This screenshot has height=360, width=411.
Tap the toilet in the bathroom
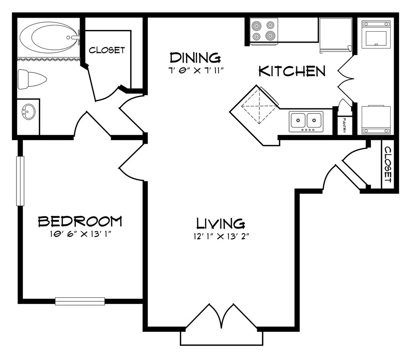tap(32, 79)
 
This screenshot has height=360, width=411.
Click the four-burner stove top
tap(263, 30)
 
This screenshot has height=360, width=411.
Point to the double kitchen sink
tap(306, 121)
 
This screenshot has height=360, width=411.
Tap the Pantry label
tap(344, 125)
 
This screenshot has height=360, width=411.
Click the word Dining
tap(195, 58)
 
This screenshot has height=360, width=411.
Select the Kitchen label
tap(292, 71)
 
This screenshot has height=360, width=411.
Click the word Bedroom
tap(80, 222)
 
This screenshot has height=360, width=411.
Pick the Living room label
tap(221, 224)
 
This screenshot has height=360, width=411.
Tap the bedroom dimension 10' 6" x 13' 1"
tap(81, 234)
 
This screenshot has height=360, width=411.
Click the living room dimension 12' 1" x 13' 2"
tap(221, 237)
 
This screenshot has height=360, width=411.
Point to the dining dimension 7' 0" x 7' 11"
tap(196, 71)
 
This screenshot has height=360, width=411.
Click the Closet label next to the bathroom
tap(107, 50)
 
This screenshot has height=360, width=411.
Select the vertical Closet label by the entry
tap(388, 164)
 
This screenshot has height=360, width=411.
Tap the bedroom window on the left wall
tap(20, 181)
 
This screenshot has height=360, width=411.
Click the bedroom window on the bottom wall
tap(80, 301)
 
